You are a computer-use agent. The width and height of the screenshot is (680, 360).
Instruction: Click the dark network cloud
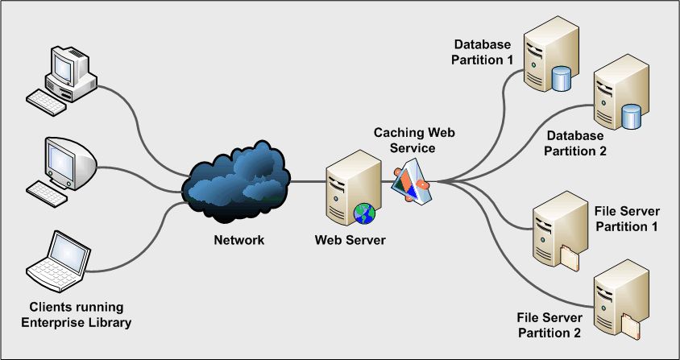click(x=235, y=182)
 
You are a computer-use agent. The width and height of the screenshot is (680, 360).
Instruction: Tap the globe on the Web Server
click(x=365, y=214)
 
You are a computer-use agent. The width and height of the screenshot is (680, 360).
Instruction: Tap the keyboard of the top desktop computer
click(x=47, y=100)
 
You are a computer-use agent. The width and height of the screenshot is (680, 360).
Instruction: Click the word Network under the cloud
click(x=238, y=240)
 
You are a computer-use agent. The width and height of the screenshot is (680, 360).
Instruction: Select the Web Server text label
click(x=350, y=240)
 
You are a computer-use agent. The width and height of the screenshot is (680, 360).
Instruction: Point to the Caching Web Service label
click(x=404, y=141)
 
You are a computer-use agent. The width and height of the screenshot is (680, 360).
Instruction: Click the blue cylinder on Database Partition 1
click(x=561, y=78)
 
